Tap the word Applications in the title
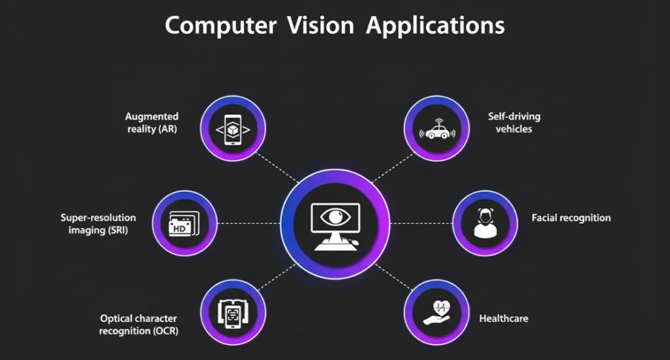(x=435, y=26)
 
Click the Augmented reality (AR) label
(x=152, y=122)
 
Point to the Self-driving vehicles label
(x=514, y=122)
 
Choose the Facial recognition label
(x=571, y=218)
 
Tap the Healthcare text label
(x=504, y=319)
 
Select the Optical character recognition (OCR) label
(x=139, y=325)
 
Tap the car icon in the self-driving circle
(x=436, y=130)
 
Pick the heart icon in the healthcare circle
(x=438, y=307)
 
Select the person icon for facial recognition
(x=485, y=223)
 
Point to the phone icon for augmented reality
(x=233, y=129)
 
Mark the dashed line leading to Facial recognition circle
(x=422, y=223)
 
